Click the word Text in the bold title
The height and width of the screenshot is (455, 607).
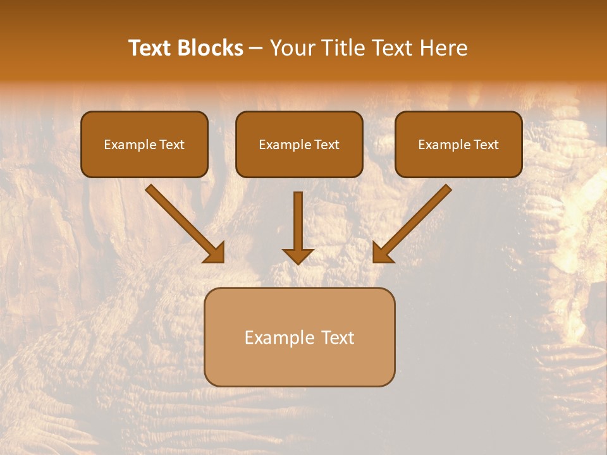click(150, 48)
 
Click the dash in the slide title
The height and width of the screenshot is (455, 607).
click(256, 49)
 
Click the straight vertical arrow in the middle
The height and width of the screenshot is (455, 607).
click(298, 221)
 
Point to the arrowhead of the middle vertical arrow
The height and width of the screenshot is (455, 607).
click(298, 256)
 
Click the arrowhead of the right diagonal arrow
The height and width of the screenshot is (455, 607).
click(382, 253)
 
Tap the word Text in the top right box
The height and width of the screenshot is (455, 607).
click(486, 145)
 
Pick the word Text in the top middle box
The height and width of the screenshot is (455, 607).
click(326, 145)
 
